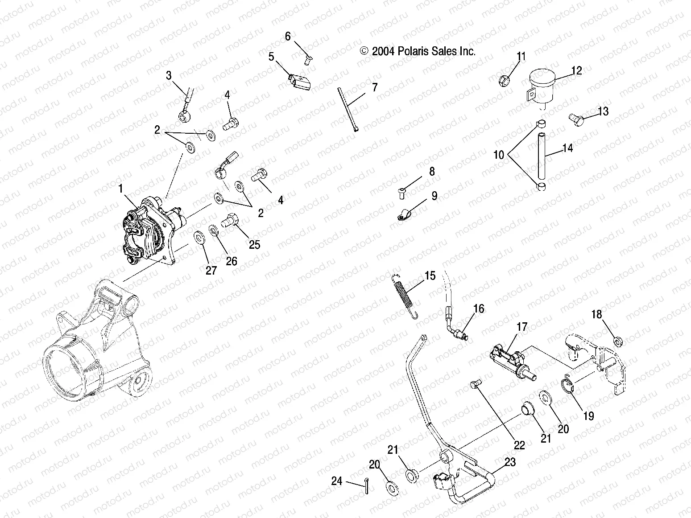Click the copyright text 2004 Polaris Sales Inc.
[x=418, y=51]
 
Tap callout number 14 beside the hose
[x=567, y=148]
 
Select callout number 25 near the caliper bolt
[x=254, y=245]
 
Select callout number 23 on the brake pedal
[x=510, y=462]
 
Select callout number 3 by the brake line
[x=168, y=75]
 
